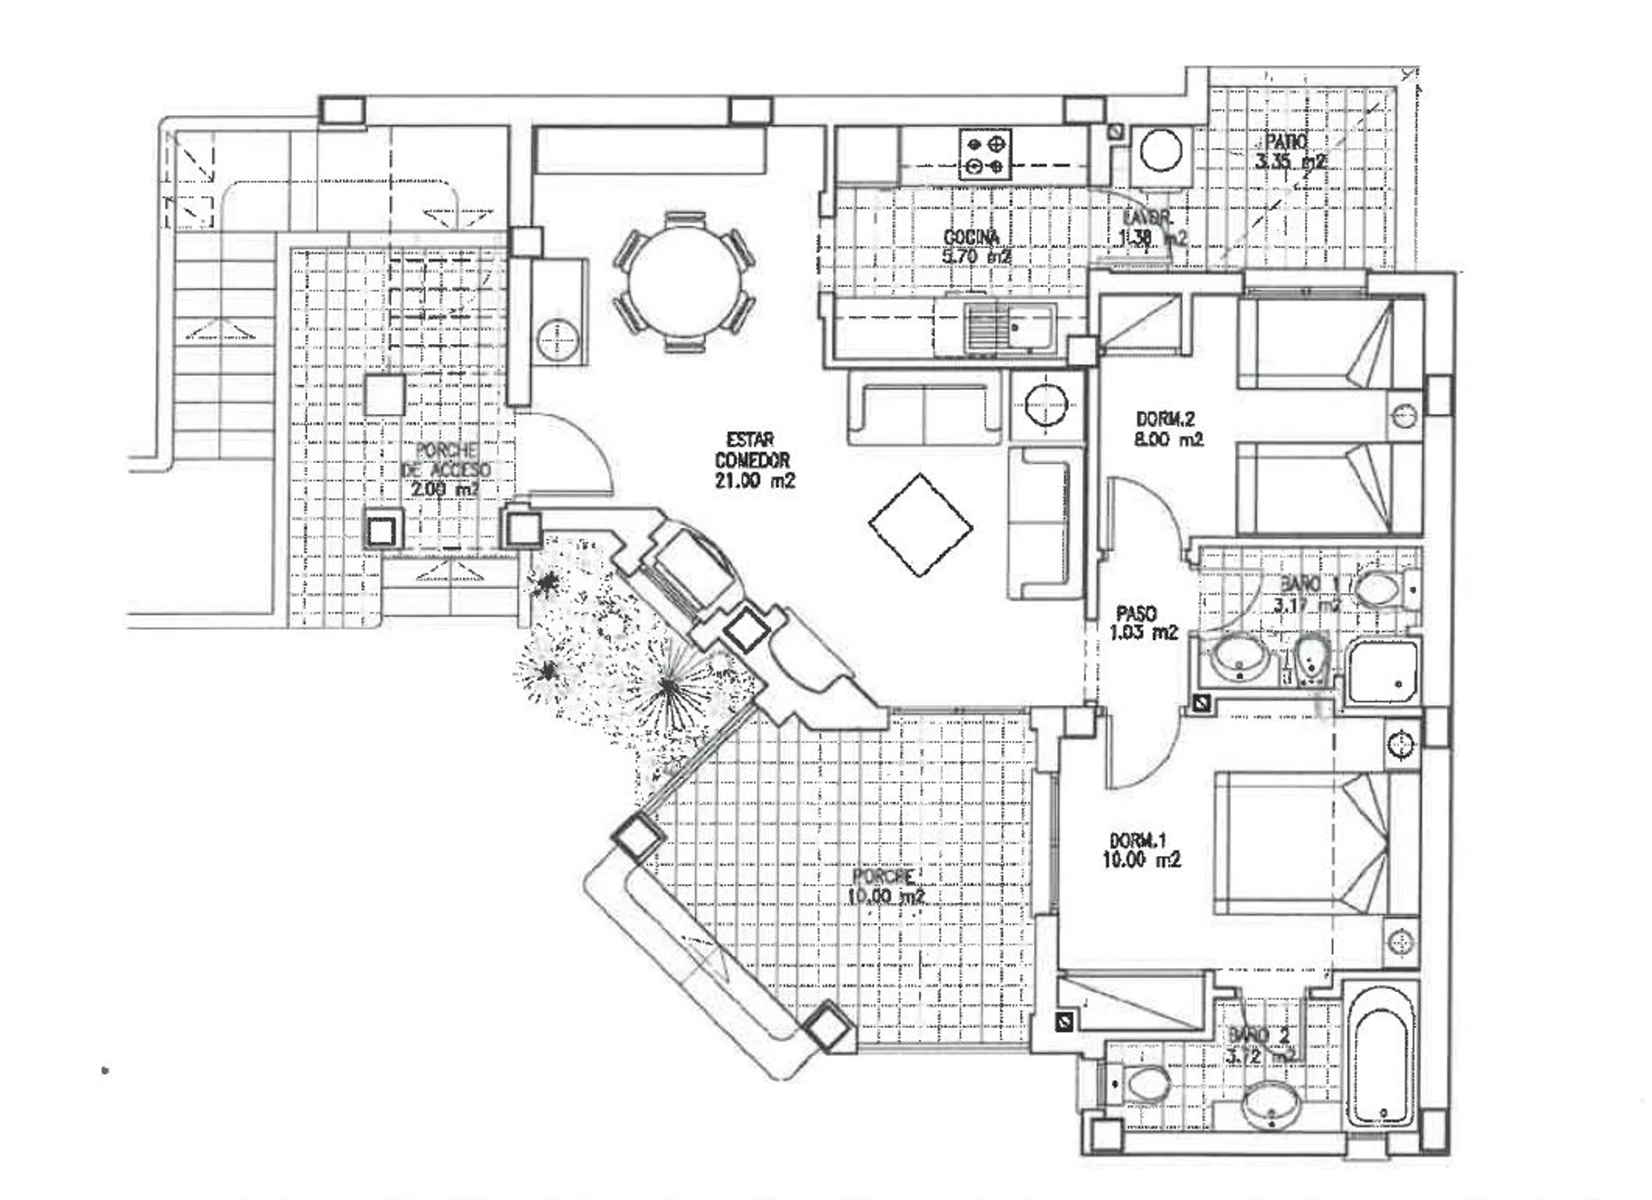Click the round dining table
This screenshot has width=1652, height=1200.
(684, 282)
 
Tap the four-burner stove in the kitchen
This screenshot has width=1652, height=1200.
(985, 155)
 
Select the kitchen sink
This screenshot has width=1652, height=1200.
(1009, 329)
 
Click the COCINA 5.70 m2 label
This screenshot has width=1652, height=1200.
(973, 246)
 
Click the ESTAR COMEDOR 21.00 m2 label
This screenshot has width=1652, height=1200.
(752, 461)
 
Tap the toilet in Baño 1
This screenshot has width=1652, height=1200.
(1381, 590)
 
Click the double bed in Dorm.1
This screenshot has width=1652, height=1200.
(1305, 843)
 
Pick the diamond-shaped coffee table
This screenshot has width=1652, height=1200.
(920, 525)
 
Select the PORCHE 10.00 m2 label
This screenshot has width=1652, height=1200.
(884, 886)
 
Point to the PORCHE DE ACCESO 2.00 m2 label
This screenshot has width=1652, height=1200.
(445, 470)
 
